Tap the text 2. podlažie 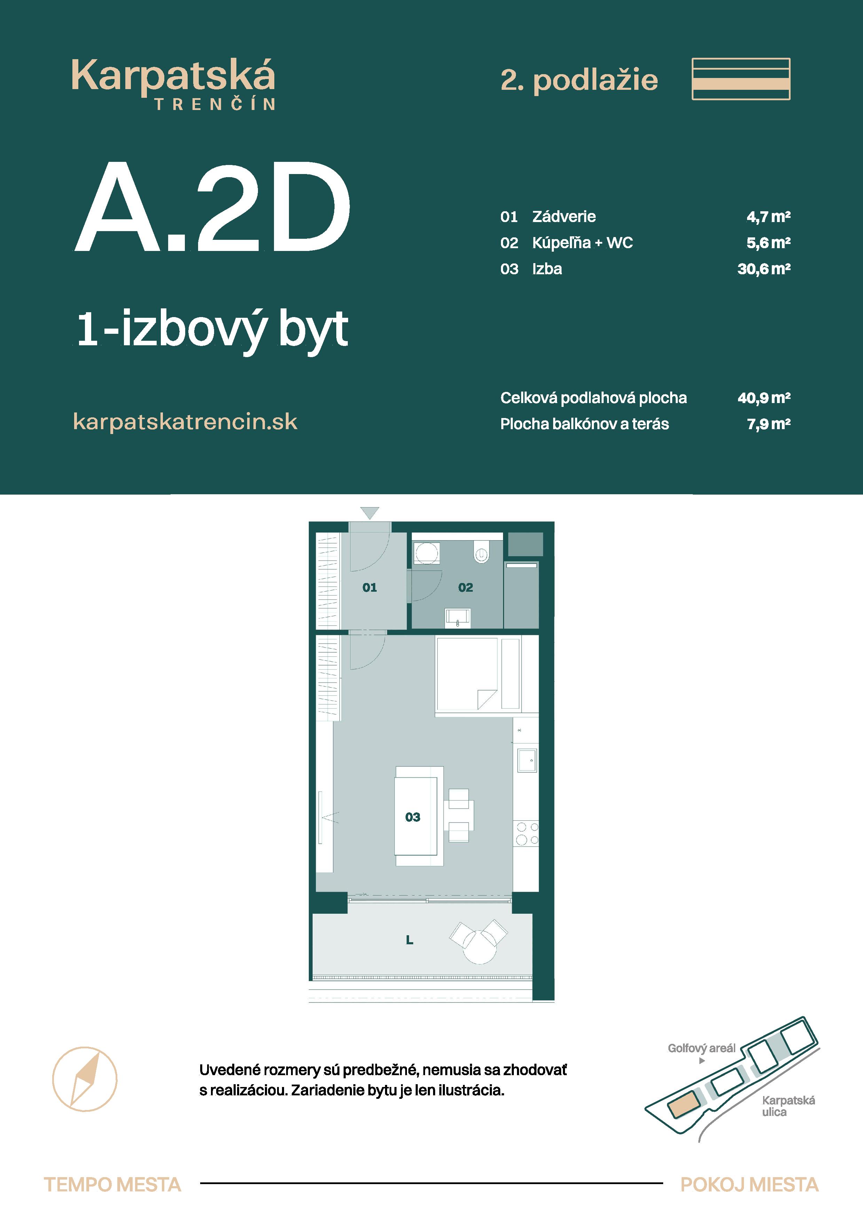coord(579,80)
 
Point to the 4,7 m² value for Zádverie coord(768,216)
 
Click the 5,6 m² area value coord(768,243)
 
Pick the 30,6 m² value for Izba coord(763,269)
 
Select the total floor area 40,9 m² coord(763,398)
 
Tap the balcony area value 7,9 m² coord(768,424)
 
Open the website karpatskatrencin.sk coord(185,422)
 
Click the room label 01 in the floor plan coord(370,588)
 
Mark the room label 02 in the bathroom coord(465,588)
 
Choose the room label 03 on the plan coord(413,817)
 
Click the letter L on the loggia coord(409,940)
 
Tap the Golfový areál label coord(701,1048)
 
